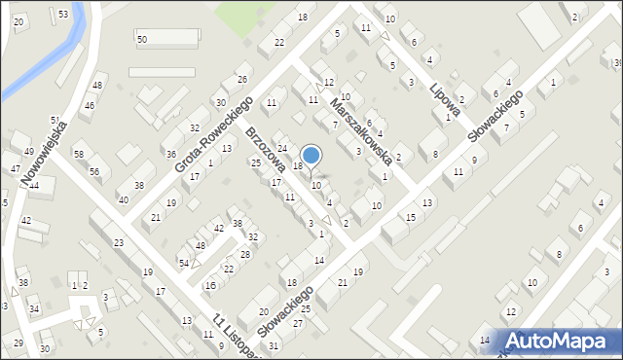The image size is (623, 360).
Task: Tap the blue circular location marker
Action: [x=311, y=155]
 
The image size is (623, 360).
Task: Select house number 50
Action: [x=142, y=39]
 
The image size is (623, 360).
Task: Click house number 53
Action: [x=63, y=14]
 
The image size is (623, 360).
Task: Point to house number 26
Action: [x=242, y=79]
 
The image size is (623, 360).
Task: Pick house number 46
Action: [x=90, y=105]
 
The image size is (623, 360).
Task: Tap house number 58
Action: [x=79, y=155]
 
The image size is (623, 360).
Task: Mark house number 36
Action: [x=171, y=154]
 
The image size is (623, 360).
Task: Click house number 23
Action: [x=119, y=242]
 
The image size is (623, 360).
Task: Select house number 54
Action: [x=184, y=264]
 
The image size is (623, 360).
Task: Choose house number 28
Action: [x=245, y=254]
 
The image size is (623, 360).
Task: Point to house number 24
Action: [x=282, y=148]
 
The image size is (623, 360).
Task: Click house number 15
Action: [x=410, y=217]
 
